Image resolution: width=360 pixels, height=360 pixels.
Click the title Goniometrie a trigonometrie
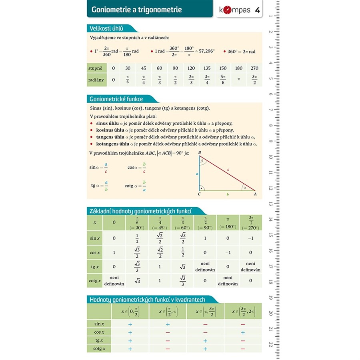[136, 10]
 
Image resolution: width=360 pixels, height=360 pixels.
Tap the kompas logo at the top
[235, 10]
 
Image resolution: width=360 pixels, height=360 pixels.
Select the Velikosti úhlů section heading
[106, 28]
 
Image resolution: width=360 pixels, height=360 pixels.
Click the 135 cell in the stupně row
[207, 68]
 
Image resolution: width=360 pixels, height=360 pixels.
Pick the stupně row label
[96, 68]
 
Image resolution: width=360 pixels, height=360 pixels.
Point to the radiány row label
[96, 80]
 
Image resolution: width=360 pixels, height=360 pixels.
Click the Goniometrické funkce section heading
[116, 99]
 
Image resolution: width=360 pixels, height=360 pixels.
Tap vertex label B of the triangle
[199, 152]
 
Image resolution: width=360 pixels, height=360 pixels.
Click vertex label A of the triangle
[255, 194]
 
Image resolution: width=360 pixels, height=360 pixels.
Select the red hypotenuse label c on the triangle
[228, 170]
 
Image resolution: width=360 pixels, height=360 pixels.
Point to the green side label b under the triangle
[228, 194]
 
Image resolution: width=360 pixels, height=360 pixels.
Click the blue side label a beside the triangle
[197, 174]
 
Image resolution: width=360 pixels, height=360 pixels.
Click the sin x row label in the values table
[95, 238]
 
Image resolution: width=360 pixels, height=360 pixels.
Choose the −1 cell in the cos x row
[228, 252]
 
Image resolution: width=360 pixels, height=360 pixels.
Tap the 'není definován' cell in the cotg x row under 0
[114, 280]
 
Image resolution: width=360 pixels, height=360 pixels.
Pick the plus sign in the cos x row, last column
[243, 332]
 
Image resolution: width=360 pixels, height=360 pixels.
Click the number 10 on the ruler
[271, 157]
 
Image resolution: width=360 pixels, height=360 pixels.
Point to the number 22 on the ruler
[271, 344]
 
